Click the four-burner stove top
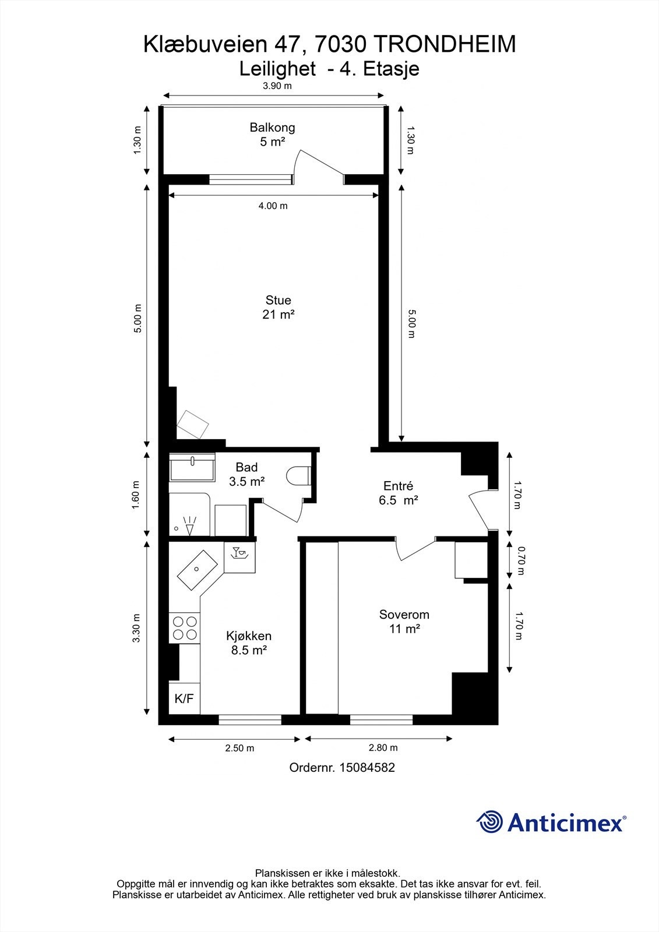click(185, 629)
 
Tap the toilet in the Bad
click(298, 475)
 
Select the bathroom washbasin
click(192, 467)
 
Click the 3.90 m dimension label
click(277, 86)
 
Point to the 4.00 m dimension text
click(273, 206)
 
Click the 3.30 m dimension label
click(136, 628)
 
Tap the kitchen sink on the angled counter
click(198, 570)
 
